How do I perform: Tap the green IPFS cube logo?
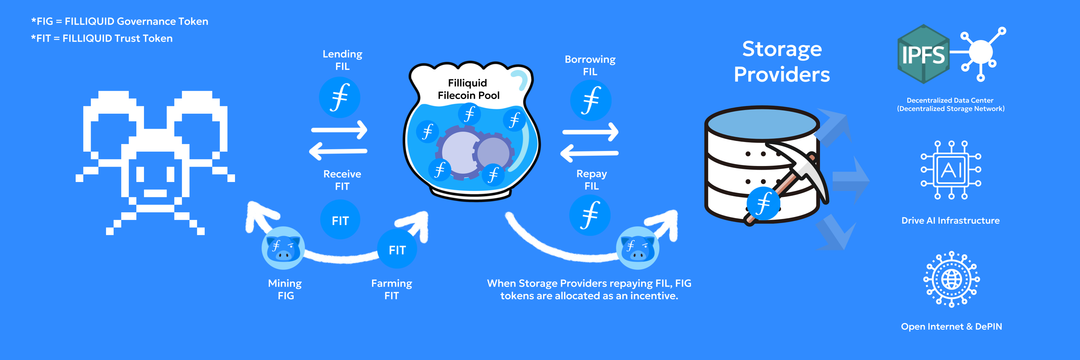tap(923, 54)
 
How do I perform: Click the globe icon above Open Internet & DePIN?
tap(951, 279)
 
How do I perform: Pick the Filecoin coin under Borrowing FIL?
tap(591, 101)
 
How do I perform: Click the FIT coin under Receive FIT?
tap(340, 220)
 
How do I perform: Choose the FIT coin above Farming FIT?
tap(397, 250)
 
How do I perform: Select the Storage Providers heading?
tap(782, 62)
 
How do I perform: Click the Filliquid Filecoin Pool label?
tap(468, 89)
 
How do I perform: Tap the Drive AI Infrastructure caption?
tap(950, 220)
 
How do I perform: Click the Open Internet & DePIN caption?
tap(951, 326)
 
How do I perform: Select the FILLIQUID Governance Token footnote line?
tap(119, 21)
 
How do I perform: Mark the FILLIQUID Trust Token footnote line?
tap(102, 39)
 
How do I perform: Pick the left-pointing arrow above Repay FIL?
tap(589, 153)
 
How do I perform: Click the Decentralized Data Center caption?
tap(950, 104)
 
